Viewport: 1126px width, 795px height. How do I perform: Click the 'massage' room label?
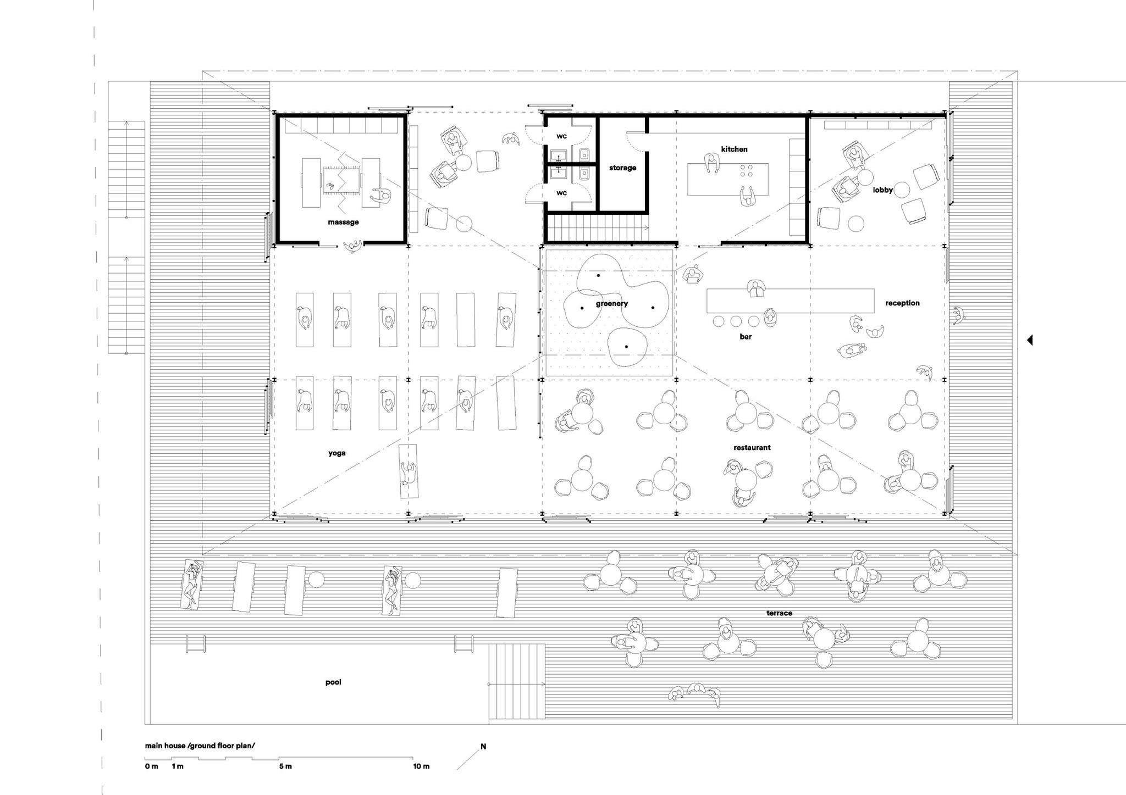pyautogui.click(x=343, y=222)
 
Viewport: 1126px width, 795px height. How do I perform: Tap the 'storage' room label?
pyautogui.click(x=622, y=168)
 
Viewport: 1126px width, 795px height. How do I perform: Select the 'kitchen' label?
pyautogui.click(x=734, y=149)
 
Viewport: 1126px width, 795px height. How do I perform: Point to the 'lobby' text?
pyautogui.click(x=883, y=190)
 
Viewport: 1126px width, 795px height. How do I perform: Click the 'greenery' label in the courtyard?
pyautogui.click(x=611, y=303)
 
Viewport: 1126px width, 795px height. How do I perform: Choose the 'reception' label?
pyautogui.click(x=902, y=303)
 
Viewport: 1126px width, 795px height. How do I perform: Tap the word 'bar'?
pyautogui.click(x=746, y=336)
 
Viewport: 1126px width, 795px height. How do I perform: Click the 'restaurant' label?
pyautogui.click(x=752, y=447)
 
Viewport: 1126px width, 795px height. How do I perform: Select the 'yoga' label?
pyautogui.click(x=336, y=453)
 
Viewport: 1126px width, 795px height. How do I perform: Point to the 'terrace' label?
pyautogui.click(x=779, y=613)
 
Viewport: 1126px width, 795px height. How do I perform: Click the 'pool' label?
pyautogui.click(x=333, y=682)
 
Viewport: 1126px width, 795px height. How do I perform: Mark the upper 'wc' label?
pyautogui.click(x=561, y=136)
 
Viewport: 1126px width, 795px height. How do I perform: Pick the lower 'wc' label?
pyautogui.click(x=561, y=193)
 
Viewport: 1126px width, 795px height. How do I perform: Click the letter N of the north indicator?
pyautogui.click(x=483, y=747)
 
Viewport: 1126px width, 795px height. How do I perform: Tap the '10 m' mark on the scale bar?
pyautogui.click(x=421, y=766)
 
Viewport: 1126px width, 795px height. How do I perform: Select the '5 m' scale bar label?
pyautogui.click(x=285, y=766)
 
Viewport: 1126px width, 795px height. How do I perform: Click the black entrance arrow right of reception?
pyautogui.click(x=1030, y=340)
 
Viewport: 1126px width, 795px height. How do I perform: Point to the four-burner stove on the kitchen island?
pyautogui.click(x=747, y=170)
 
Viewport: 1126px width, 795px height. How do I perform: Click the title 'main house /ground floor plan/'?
pyautogui.click(x=200, y=746)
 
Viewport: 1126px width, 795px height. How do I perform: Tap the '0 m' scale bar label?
pyautogui.click(x=152, y=766)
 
